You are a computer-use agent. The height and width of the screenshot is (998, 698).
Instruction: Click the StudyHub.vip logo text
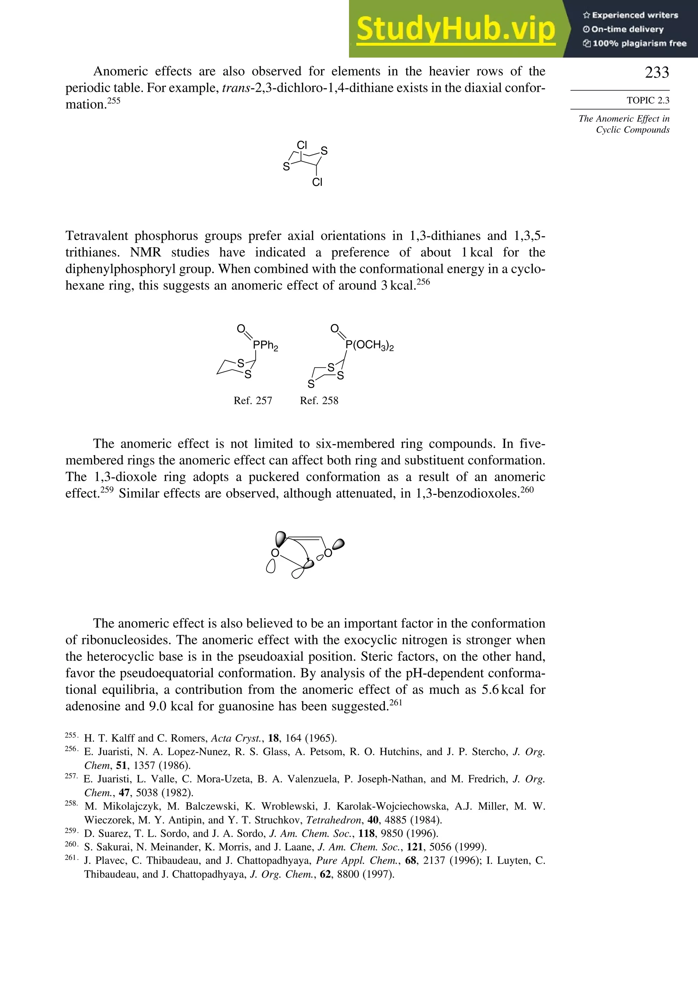(x=456, y=29)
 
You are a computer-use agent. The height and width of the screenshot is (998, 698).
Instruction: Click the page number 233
(x=657, y=73)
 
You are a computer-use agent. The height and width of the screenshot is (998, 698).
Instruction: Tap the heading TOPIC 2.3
(x=648, y=100)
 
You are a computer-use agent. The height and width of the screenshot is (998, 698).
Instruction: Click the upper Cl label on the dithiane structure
(x=302, y=145)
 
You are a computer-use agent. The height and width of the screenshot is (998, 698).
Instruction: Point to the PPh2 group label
(x=265, y=346)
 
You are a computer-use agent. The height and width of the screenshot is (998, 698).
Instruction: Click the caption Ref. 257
(x=253, y=401)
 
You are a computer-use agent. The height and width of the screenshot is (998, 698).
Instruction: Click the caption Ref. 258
(x=319, y=401)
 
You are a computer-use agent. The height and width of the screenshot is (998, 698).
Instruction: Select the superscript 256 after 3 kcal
(x=423, y=282)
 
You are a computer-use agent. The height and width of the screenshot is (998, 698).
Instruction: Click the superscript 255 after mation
(x=114, y=101)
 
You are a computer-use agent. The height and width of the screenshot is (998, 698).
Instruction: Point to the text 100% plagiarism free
(x=639, y=43)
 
